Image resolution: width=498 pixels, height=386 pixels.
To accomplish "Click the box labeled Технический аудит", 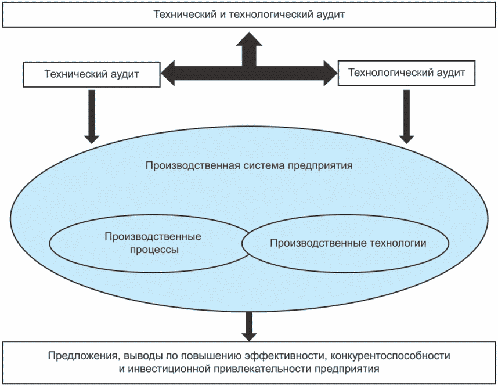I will point(91,74).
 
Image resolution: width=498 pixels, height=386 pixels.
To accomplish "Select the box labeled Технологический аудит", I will point(406,73).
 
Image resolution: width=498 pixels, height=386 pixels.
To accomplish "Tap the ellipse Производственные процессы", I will point(145,244).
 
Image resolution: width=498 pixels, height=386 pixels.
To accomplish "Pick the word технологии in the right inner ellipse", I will point(400,243).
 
